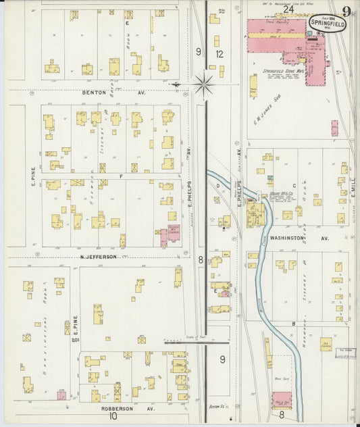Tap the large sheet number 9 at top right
click(346, 10)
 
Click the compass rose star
click(203, 84)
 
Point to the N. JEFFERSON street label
click(99, 257)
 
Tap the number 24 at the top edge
click(288, 9)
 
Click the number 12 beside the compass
click(219, 53)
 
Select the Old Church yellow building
click(326, 343)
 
